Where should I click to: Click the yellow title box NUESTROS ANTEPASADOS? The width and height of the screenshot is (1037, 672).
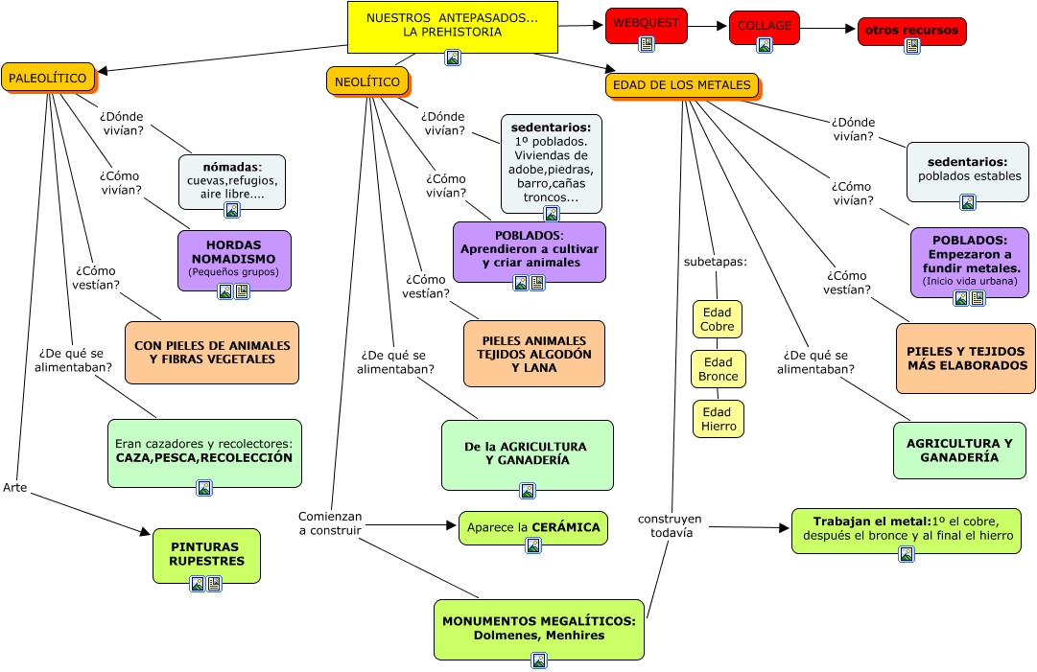tap(451, 27)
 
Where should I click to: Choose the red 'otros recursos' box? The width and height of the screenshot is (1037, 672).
tap(911, 32)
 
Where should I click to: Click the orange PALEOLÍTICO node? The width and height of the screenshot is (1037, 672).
tap(47, 78)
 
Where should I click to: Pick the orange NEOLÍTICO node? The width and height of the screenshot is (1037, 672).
tap(367, 81)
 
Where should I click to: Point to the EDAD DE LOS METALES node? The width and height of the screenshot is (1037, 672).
tap(681, 85)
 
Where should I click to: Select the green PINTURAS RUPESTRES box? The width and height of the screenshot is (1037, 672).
tap(206, 555)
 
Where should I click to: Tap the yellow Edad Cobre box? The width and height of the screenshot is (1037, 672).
tap(718, 319)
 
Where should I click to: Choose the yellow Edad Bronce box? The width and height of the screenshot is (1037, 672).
tap(718, 369)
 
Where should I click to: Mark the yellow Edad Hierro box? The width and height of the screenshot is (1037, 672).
tap(718, 419)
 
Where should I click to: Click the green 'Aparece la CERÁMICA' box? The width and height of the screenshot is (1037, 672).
tap(532, 528)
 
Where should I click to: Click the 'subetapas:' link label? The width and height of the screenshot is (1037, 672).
tap(715, 261)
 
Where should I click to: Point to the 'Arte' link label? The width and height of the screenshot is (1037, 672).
tap(14, 487)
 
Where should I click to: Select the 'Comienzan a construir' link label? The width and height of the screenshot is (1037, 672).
tap(329, 522)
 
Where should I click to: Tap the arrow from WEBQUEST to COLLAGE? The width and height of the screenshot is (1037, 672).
tap(707, 27)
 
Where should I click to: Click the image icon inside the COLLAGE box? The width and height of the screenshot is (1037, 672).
tap(765, 45)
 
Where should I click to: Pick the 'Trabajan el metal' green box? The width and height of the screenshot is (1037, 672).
tap(907, 530)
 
